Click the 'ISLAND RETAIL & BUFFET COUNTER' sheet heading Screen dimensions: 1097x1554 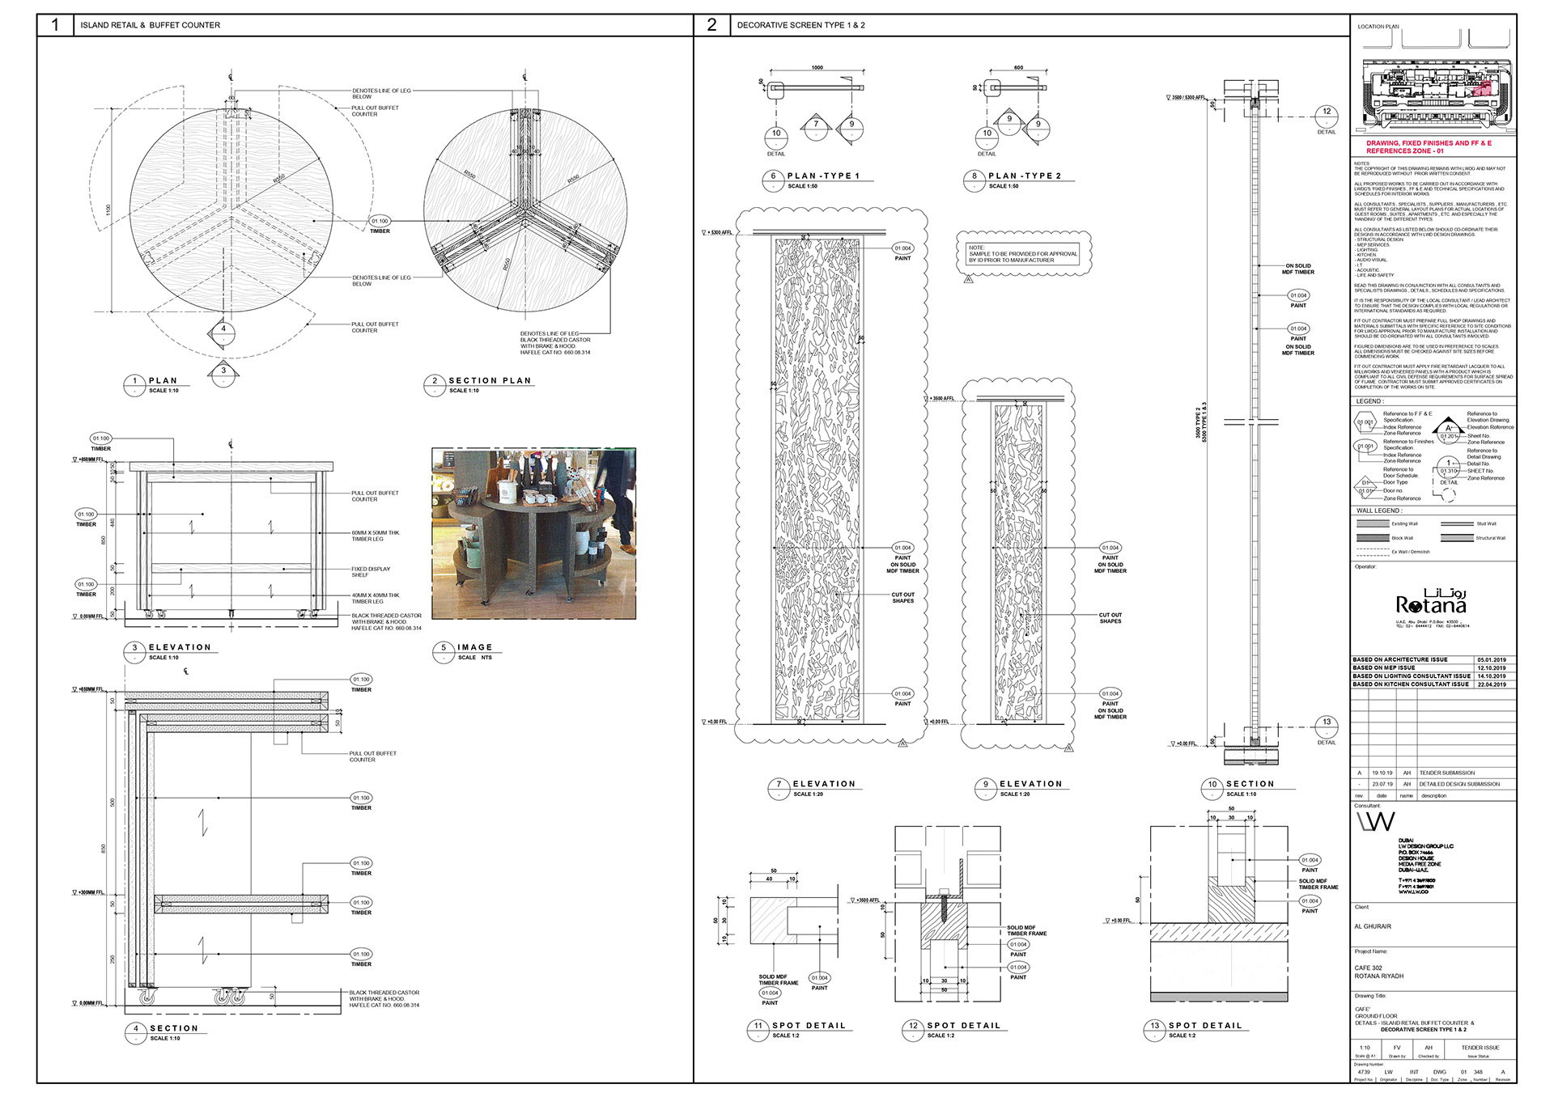pos(150,25)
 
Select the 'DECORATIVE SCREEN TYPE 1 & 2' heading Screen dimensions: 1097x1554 pos(800,25)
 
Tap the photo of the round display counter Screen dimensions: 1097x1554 pos(533,534)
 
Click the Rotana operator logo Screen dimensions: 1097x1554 pos(1430,604)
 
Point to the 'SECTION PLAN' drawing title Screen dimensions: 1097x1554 pos(490,380)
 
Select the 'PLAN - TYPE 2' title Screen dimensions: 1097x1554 pos(1024,176)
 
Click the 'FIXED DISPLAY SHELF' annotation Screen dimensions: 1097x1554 pos(370,571)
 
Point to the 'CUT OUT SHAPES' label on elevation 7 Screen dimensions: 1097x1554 pos(902,598)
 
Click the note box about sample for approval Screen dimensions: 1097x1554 pos(1023,254)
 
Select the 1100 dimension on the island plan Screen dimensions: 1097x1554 pos(108,211)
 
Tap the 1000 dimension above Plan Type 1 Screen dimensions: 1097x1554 pos(817,68)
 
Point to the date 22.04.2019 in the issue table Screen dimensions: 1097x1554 pos(1491,684)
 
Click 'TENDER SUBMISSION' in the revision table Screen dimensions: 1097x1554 pos(1446,773)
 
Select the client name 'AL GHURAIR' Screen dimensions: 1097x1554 pos(1373,926)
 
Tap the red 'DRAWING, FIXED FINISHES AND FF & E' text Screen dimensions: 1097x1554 pos(1429,143)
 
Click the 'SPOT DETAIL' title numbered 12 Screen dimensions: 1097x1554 pos(963,1025)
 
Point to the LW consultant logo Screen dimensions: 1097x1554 pos(1376,822)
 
